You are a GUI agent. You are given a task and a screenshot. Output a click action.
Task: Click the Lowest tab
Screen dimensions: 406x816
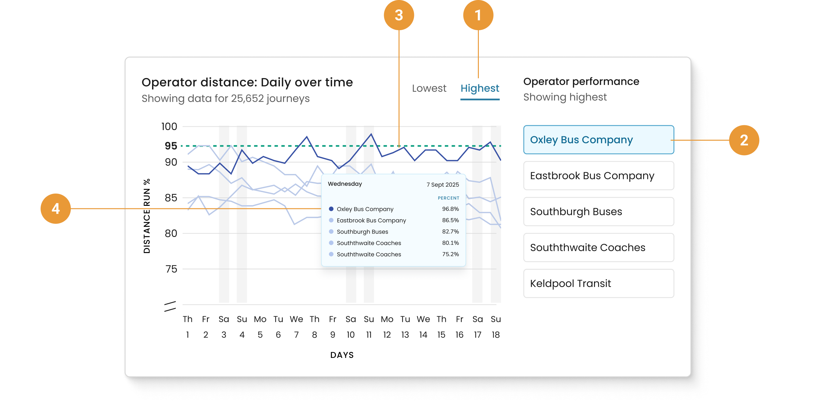pos(429,88)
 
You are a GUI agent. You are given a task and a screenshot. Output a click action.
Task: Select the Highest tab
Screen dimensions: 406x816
pos(479,88)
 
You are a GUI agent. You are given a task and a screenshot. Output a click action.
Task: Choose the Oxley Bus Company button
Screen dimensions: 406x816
pos(598,140)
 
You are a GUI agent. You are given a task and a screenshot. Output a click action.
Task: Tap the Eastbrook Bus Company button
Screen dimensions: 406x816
pos(598,176)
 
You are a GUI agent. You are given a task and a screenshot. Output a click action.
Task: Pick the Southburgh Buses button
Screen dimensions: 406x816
pos(598,211)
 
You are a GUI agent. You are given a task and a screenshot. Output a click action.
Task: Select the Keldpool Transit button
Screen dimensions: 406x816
pos(598,284)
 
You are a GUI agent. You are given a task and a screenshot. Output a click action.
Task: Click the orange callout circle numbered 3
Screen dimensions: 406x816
pos(399,15)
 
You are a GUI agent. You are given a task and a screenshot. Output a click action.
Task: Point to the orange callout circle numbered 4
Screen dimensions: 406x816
pos(56,209)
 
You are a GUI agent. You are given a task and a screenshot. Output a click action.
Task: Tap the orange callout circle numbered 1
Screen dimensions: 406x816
pos(478,15)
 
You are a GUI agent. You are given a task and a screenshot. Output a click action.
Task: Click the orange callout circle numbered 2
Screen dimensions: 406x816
pos(744,140)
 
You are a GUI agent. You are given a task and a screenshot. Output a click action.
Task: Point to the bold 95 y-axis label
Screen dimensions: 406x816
pos(171,146)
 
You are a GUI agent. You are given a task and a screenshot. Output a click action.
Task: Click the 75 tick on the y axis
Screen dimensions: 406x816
pos(171,269)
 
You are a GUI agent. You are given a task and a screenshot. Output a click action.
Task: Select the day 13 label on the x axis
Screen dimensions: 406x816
pos(405,335)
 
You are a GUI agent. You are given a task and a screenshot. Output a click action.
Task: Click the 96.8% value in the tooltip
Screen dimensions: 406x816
pos(450,209)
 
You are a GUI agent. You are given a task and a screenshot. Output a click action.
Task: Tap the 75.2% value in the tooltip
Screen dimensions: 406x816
pos(450,254)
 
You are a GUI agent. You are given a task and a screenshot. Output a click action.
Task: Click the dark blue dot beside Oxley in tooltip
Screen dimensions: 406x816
pos(331,209)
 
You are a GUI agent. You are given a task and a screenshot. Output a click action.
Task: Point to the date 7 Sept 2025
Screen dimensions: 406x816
pos(443,185)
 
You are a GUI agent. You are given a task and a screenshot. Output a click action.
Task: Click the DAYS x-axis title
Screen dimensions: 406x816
pos(342,355)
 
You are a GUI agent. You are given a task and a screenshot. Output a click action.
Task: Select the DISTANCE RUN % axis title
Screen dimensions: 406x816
pos(147,216)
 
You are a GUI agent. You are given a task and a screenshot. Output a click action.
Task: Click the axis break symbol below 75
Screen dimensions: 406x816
pos(170,306)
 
